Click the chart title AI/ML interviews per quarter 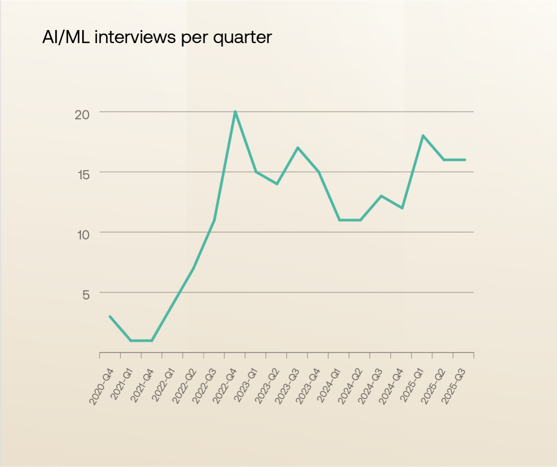click(x=157, y=37)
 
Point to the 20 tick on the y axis click(x=82, y=115)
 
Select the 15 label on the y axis click(x=83, y=175)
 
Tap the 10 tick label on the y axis click(x=83, y=235)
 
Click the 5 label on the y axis click(x=86, y=295)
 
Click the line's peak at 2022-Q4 click(x=235, y=112)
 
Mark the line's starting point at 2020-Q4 click(x=110, y=316)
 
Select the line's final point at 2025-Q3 click(x=465, y=160)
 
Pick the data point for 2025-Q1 click(x=423, y=135)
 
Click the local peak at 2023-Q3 click(x=298, y=148)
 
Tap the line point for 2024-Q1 click(x=339, y=220)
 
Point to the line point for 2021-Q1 click(x=131, y=341)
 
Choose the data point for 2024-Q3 click(x=381, y=196)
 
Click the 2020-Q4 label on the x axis click(x=101, y=386)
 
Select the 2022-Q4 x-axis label click(x=225, y=386)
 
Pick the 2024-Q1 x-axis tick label click(x=329, y=386)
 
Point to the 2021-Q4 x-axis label click(x=142, y=386)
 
